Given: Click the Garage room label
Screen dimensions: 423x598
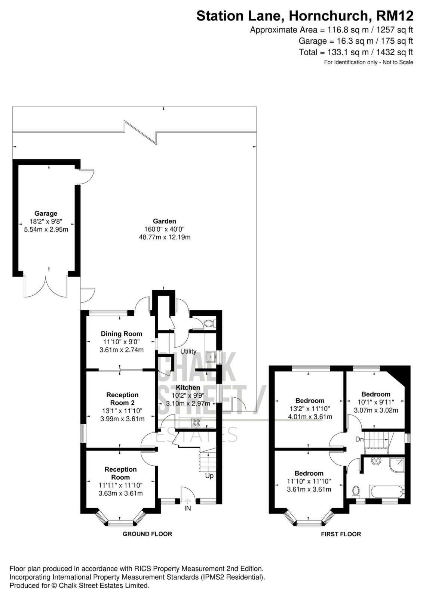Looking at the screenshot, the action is click(46, 213).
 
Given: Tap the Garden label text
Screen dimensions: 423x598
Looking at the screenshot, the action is click(164, 221).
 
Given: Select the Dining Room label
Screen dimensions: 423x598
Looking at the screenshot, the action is click(121, 334).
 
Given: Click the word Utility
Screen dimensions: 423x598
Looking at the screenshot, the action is click(188, 351).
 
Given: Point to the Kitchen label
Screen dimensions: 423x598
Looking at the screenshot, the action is click(188, 387).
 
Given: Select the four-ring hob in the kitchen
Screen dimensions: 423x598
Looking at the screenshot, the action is click(196, 423).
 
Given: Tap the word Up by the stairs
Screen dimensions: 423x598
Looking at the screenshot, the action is click(209, 476).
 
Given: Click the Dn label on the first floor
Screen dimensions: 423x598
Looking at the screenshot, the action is click(360, 439).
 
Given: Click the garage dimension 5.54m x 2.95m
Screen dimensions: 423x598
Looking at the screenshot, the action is click(46, 229).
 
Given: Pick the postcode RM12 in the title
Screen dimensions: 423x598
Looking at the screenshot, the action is click(395, 16).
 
